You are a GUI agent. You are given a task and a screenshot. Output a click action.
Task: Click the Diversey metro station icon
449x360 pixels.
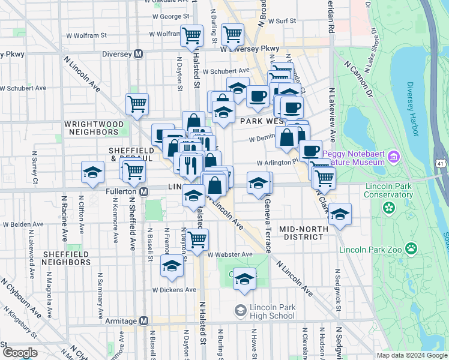138,53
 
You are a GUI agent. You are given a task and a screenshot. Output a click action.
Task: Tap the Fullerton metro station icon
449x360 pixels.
143,192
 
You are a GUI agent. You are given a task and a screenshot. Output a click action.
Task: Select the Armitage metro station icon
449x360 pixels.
143,320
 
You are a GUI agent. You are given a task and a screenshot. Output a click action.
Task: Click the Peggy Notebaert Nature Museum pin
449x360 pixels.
394,158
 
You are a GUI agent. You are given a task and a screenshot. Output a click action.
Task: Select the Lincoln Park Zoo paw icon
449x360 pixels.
411,248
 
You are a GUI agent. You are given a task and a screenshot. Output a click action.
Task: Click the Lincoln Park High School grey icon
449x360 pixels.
240,310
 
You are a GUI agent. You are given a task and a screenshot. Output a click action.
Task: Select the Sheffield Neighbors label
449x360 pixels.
66,259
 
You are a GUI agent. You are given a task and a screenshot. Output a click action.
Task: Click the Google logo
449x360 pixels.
20,352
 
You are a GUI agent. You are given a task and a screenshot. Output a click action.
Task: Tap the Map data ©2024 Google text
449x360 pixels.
412,355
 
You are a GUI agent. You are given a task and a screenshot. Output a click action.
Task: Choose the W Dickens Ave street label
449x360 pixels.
174,289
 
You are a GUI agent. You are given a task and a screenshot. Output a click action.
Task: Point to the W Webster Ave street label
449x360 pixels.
230,254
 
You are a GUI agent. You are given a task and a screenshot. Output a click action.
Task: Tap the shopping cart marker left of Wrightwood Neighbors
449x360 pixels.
137,104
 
